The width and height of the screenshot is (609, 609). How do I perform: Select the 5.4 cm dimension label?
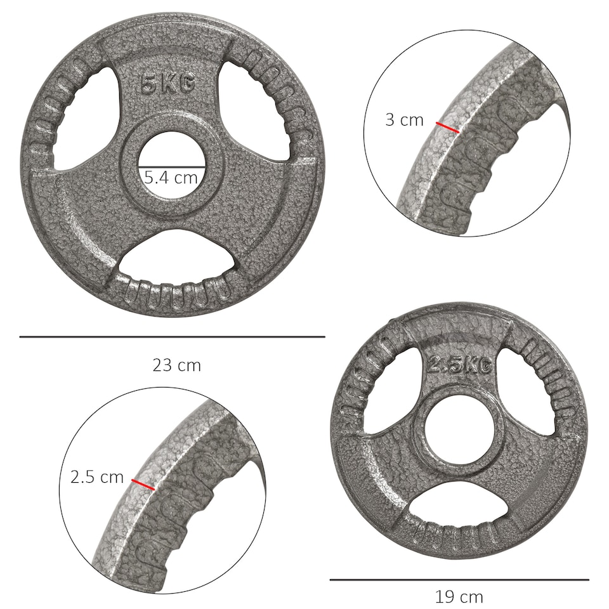tap(171, 178)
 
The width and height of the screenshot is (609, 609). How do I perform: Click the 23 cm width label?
tap(176, 365)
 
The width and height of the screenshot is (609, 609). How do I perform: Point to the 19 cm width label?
tap(459, 597)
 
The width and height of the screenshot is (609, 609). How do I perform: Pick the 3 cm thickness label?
tap(404, 120)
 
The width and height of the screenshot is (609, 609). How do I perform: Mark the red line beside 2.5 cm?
tap(143, 485)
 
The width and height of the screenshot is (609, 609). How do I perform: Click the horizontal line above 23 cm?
tap(172, 337)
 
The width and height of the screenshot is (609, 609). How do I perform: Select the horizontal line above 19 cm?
tap(459, 579)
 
